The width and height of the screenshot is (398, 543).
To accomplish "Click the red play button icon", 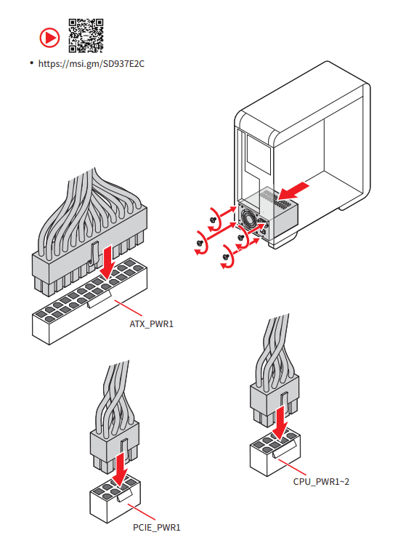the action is [49, 37].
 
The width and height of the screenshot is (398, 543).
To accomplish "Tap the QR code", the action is [86, 36].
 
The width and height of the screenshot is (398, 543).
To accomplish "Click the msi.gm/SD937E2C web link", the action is [92, 64].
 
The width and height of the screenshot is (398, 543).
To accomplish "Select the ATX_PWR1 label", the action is [151, 324].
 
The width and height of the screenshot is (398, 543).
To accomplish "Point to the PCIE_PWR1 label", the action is [157, 528].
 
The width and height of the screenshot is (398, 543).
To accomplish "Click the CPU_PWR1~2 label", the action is [321, 482].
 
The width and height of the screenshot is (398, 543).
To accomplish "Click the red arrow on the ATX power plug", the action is [109, 262].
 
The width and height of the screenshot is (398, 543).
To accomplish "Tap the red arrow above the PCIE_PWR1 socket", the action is [120, 470].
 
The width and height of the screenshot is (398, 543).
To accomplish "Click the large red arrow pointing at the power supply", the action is [293, 191].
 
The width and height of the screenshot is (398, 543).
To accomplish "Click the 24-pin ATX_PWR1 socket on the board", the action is [90, 301].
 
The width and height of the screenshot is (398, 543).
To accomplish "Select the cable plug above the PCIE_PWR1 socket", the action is [115, 447].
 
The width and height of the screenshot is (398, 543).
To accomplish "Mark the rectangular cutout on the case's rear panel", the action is [258, 154].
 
